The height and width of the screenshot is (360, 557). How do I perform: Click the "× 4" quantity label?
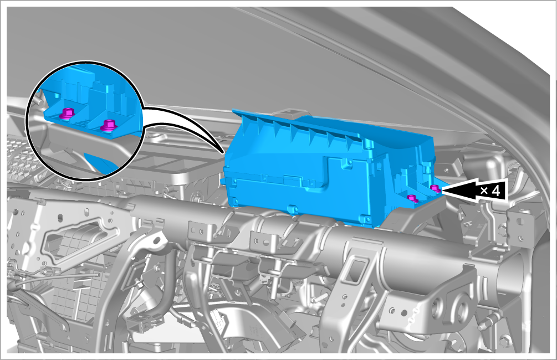pyautogui.click(x=490, y=191)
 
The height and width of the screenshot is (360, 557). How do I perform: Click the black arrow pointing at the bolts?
pyautogui.click(x=472, y=191)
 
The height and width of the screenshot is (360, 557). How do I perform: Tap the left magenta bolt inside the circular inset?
pyautogui.click(x=67, y=113)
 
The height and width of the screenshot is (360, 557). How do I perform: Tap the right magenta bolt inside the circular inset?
pyautogui.click(x=108, y=125)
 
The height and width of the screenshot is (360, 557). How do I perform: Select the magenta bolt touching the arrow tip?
pyautogui.click(x=435, y=188)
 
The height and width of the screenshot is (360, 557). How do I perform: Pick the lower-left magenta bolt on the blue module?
pyautogui.click(x=412, y=198)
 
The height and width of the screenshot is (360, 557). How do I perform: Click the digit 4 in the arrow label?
pyautogui.click(x=496, y=191)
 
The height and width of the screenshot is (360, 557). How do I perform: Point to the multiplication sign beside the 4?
pyautogui.click(x=484, y=191)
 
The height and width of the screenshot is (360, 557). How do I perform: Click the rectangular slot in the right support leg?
pyautogui.click(x=356, y=270)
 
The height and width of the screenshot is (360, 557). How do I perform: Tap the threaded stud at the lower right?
pyautogui.click(x=488, y=322)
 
